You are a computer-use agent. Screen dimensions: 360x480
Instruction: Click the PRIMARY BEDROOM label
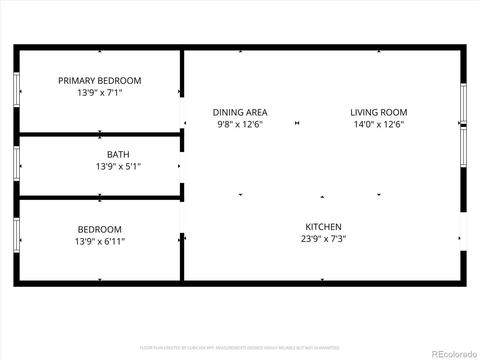pyautogui.click(x=100, y=81)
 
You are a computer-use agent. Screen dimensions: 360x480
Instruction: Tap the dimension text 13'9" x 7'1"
pyautogui.click(x=100, y=93)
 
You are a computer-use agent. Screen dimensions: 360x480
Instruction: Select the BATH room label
pyautogui.click(x=118, y=154)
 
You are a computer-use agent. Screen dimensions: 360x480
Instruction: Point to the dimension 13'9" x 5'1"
pyautogui.click(x=118, y=166)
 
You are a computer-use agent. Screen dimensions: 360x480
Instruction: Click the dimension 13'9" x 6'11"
pyautogui.click(x=100, y=241)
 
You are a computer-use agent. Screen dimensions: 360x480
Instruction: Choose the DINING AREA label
pyautogui.click(x=240, y=112)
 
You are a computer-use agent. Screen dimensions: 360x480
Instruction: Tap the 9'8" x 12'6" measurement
pyautogui.click(x=240, y=124)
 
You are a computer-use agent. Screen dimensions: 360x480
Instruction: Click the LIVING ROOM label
pyautogui.click(x=379, y=112)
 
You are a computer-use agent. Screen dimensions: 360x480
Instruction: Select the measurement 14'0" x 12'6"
pyautogui.click(x=379, y=124)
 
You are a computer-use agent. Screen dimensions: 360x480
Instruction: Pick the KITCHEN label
pyautogui.click(x=323, y=227)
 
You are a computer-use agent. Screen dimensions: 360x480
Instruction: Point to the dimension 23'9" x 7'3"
pyautogui.click(x=323, y=239)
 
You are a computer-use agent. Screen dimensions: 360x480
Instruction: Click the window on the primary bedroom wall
pyautogui.click(x=16, y=89)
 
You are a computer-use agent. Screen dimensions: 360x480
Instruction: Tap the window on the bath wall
pyautogui.click(x=16, y=163)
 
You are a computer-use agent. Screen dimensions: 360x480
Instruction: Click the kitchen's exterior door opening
pyautogui.click(x=463, y=231)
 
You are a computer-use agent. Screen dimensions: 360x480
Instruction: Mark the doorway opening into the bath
pyautogui.click(x=182, y=167)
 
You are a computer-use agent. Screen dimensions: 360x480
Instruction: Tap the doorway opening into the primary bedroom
pyautogui.click(x=182, y=113)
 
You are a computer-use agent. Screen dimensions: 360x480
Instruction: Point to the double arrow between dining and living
pyautogui.click(x=297, y=123)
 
